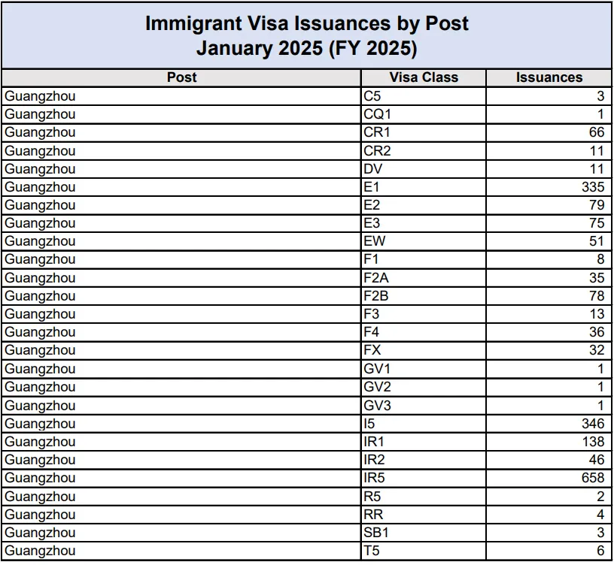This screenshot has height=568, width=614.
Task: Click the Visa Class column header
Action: point(424,77)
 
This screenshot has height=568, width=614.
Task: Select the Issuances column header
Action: point(549,77)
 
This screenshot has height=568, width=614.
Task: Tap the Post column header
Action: point(181,77)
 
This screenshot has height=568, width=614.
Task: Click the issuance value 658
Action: point(592,478)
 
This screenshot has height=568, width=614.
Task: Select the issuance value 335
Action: point(592,187)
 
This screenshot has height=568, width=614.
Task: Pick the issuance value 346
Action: point(592,424)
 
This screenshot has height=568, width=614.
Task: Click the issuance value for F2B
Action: point(596,296)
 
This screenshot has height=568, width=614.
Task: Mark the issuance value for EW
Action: point(596,241)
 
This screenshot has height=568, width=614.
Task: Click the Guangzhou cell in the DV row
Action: point(41,169)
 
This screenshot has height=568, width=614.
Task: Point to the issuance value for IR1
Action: point(592,442)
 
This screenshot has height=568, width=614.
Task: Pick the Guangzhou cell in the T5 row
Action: point(41,551)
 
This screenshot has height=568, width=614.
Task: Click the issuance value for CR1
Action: point(596,132)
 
